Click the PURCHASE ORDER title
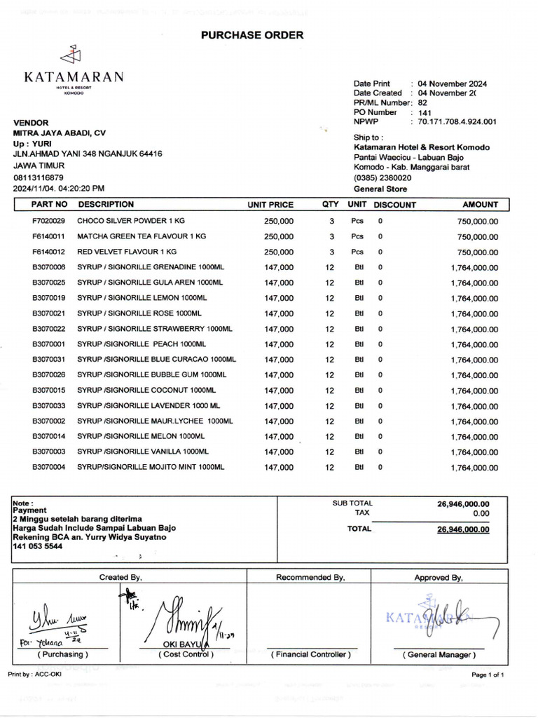[252, 35]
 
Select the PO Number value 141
[425, 112]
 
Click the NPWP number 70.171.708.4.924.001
[457, 122]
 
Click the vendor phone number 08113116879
[39, 177]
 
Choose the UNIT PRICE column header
[270, 205]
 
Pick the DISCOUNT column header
[394, 205]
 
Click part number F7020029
[48, 221]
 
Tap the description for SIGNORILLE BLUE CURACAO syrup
[156, 360]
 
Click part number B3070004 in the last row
[48, 467]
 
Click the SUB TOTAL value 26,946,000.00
[463, 503]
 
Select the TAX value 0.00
[480, 513]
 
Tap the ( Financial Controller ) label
[310, 654]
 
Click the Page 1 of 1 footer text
[487, 675]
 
